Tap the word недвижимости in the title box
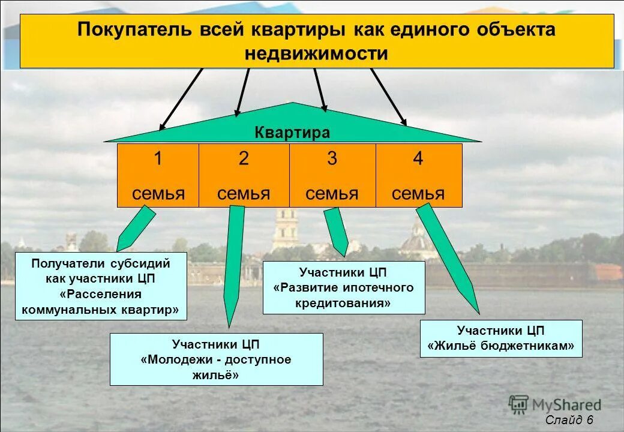316,54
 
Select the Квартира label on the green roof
292,133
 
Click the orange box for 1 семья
158,175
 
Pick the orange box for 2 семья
244,175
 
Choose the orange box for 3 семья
332,175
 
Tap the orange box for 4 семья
418,175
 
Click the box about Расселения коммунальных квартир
101,286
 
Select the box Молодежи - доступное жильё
216,359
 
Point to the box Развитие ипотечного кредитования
343,287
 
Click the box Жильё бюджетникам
500,338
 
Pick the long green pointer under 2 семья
233,264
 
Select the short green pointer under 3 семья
337,231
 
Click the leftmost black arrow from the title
180,99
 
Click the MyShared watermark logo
554,405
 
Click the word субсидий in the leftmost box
140,263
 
